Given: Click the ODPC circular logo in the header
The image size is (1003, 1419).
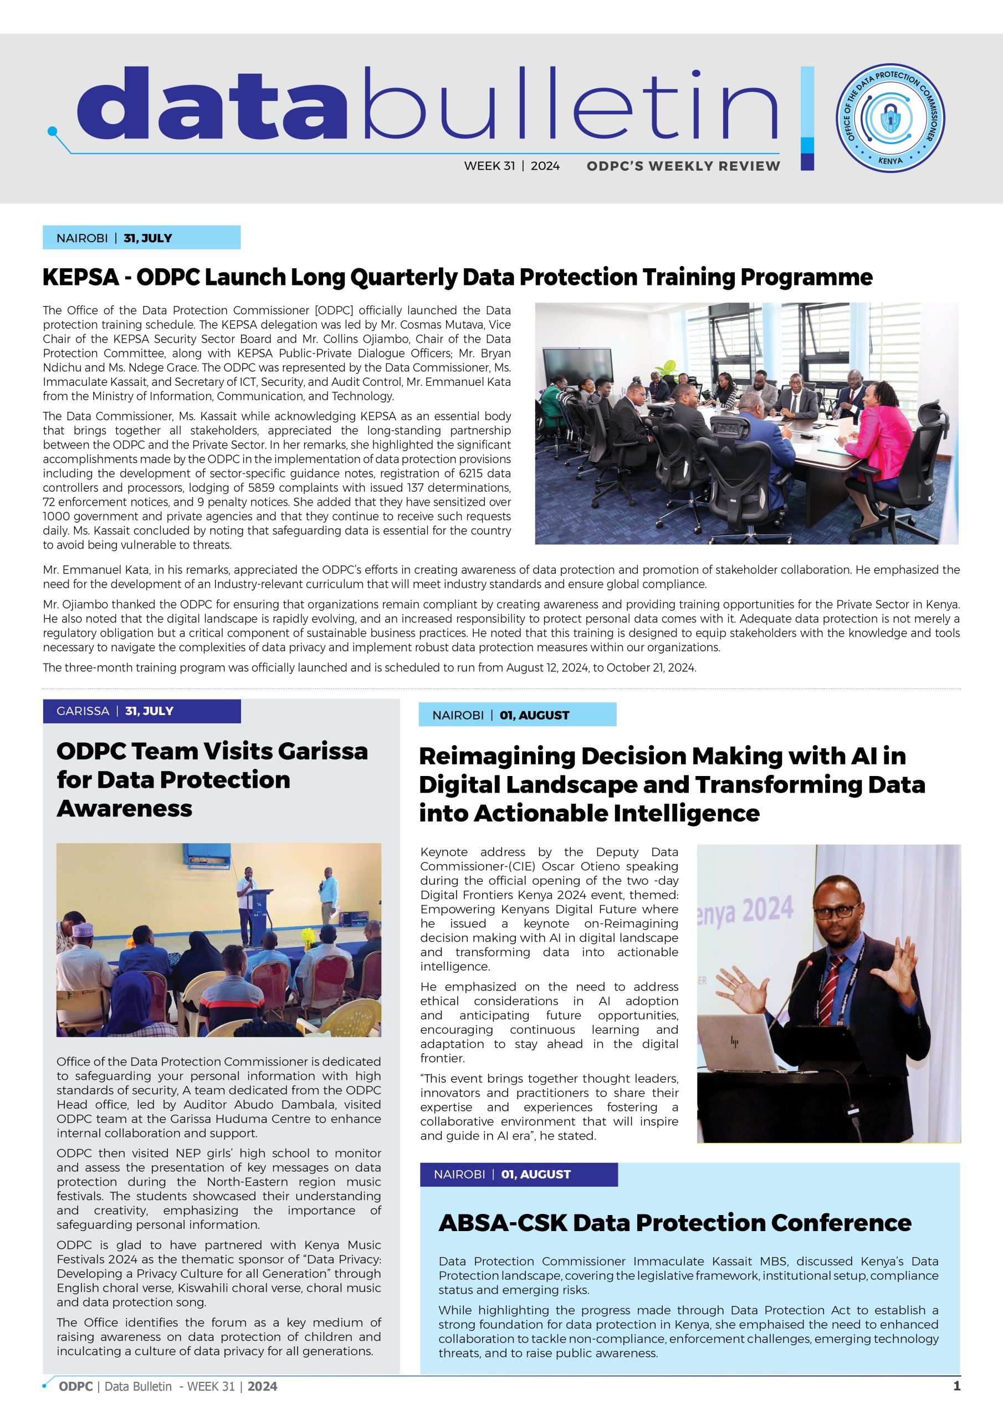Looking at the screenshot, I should tap(890, 118).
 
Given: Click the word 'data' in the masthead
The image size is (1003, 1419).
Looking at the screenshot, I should tap(210, 105).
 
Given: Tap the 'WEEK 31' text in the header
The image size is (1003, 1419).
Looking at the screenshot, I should tap(489, 166).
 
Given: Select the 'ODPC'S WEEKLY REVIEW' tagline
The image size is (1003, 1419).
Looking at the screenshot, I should tap(683, 166).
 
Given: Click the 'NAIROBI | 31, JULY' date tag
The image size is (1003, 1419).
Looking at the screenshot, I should tap(141, 238).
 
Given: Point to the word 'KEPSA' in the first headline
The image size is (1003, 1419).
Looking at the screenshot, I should tap(80, 277).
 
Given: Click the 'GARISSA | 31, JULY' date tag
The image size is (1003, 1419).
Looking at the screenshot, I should tap(141, 711).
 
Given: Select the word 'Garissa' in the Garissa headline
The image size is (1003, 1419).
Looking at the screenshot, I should tap(323, 751).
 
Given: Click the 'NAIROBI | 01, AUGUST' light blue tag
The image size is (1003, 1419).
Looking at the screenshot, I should tap(517, 715).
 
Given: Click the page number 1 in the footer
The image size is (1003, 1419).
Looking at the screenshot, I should tap(956, 1386).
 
